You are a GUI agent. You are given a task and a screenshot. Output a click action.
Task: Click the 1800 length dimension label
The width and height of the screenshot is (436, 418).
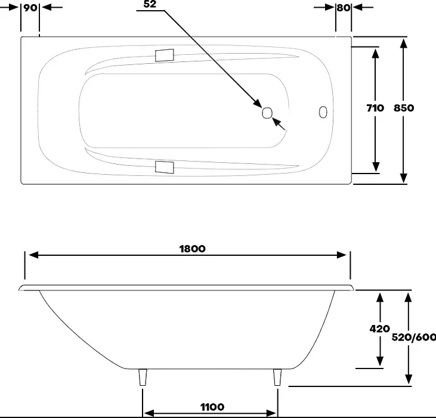pyautogui.click(x=193, y=249)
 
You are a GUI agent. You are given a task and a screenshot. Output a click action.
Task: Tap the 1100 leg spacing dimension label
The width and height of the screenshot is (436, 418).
pyautogui.click(x=212, y=407)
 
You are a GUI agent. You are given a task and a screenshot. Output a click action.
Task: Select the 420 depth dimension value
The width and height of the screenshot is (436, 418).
pyautogui.click(x=379, y=329)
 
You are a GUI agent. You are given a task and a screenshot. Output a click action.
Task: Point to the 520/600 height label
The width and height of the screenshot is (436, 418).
pyautogui.click(x=414, y=337)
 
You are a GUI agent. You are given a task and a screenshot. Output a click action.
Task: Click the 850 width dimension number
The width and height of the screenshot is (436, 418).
pyautogui.click(x=404, y=108)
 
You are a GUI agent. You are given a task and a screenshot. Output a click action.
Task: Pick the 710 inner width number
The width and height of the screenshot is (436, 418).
pyautogui.click(x=375, y=108)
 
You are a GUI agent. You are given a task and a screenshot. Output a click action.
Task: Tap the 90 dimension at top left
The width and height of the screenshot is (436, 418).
pyautogui.click(x=30, y=8)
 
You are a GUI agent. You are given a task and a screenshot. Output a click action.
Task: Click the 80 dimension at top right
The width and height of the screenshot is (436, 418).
pyautogui.click(x=344, y=8)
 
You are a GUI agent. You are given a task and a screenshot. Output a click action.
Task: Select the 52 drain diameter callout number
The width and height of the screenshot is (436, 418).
pyautogui.click(x=150, y=4)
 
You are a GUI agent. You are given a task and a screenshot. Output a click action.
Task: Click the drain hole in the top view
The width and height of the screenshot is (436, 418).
pyautogui.click(x=267, y=113)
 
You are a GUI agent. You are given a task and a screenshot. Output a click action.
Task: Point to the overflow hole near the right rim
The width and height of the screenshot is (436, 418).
pyautogui.click(x=323, y=112)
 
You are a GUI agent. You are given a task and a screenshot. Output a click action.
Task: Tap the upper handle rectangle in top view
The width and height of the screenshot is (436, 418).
pyautogui.click(x=165, y=55)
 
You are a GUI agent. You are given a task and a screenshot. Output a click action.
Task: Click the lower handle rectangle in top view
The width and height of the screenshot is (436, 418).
pyautogui.click(x=165, y=167)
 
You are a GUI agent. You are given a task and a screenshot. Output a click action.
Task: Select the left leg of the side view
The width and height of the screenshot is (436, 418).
pyautogui.click(x=143, y=377)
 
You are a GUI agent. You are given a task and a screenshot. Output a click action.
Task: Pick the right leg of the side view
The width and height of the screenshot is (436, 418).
pyautogui.click(x=277, y=377)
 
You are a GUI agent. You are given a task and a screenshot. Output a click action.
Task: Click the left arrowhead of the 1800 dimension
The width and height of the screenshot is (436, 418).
pyautogui.click(x=33, y=255)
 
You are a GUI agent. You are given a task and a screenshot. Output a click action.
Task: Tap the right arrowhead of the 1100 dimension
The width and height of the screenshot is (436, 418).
pyautogui.click(x=271, y=413)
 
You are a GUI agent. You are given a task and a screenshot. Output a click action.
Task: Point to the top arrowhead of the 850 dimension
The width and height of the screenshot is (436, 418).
pyautogui.click(x=404, y=44)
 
